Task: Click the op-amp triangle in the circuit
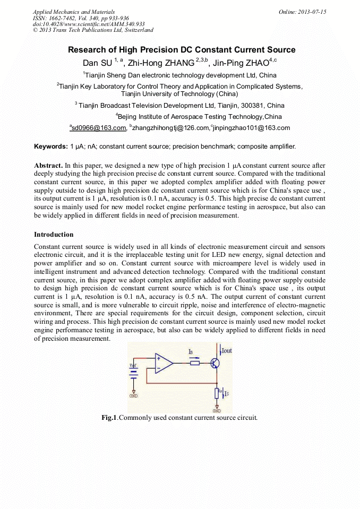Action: click(x=164, y=364)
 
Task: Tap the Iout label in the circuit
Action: click(x=226, y=351)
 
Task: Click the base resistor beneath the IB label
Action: click(x=194, y=364)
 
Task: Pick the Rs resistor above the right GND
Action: click(x=217, y=393)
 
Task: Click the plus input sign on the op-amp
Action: click(x=158, y=359)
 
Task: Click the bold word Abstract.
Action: click(x=48, y=166)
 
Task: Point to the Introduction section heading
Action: click(x=54, y=235)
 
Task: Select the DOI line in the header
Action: click(x=89, y=24)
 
